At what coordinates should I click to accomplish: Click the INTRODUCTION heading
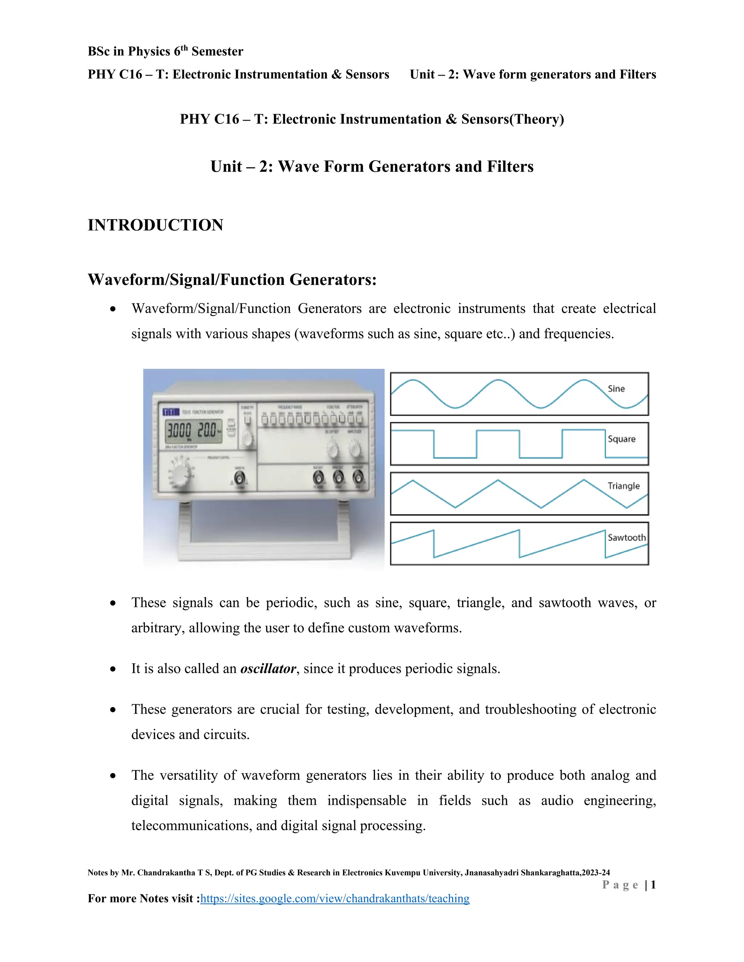point(155,225)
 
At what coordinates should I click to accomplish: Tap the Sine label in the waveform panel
point(616,389)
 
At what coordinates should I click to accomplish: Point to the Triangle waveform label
point(623,486)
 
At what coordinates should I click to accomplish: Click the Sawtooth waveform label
point(626,537)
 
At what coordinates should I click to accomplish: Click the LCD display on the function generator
point(193,430)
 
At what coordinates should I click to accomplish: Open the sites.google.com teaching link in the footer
point(335,898)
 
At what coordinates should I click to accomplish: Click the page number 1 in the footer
point(653,885)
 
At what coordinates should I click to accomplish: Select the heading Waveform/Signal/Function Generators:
point(232,280)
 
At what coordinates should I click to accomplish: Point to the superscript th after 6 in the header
point(184,48)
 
